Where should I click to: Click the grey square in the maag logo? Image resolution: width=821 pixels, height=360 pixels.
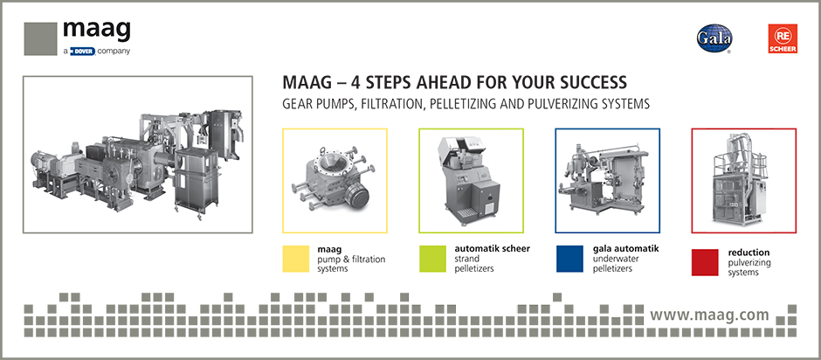click(x=40, y=38)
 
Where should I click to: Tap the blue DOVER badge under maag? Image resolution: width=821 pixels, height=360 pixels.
click(x=82, y=52)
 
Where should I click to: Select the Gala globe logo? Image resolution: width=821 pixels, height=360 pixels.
click(x=714, y=38)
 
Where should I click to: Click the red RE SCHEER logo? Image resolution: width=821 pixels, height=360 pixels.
click(x=783, y=38)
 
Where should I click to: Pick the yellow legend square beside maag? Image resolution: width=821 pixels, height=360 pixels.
click(x=296, y=259)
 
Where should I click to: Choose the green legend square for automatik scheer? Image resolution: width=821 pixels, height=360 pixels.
click(x=432, y=259)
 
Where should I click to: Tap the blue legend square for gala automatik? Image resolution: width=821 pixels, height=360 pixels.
click(x=569, y=259)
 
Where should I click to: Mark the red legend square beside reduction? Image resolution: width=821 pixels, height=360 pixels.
click(x=705, y=262)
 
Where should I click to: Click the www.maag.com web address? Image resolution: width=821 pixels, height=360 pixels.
click(x=709, y=315)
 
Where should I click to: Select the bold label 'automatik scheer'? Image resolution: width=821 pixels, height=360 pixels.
click(x=493, y=249)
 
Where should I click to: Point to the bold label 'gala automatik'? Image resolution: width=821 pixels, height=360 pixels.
click(x=625, y=248)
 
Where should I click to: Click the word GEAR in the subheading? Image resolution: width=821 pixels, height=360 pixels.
click(x=296, y=104)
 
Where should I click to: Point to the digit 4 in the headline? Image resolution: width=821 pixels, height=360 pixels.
click(x=339, y=83)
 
